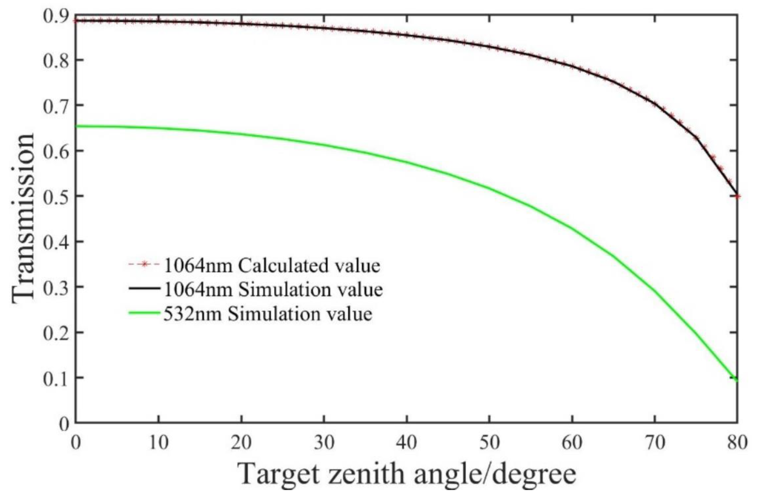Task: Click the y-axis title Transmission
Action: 23,220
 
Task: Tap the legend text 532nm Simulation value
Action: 268,314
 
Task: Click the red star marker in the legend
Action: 144,265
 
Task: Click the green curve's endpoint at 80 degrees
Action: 737,379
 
